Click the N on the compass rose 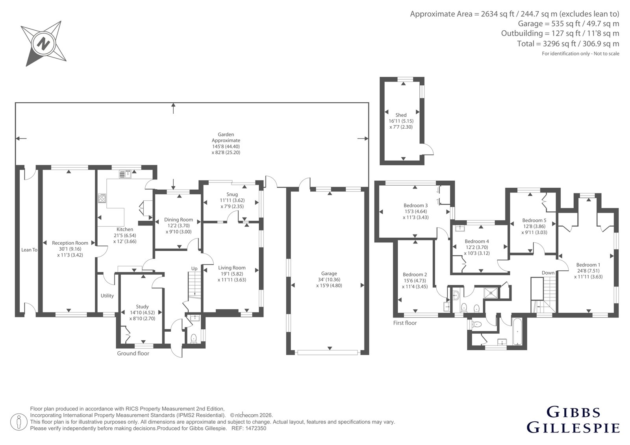(x=44, y=44)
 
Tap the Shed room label (x=401, y=115)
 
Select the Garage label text (x=329, y=273)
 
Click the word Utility (x=107, y=296)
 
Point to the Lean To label (x=29, y=249)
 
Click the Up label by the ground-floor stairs (x=195, y=269)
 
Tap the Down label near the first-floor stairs (x=548, y=273)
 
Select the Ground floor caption (x=133, y=354)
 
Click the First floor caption (x=405, y=323)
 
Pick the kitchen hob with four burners (x=102, y=198)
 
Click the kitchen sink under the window (x=125, y=174)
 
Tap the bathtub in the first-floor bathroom (x=517, y=332)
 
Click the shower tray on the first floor (x=491, y=293)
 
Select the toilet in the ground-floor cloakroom (x=193, y=338)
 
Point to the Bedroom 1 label (x=588, y=265)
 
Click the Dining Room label (x=179, y=220)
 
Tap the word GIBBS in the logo (x=573, y=412)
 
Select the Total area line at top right (x=568, y=44)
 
